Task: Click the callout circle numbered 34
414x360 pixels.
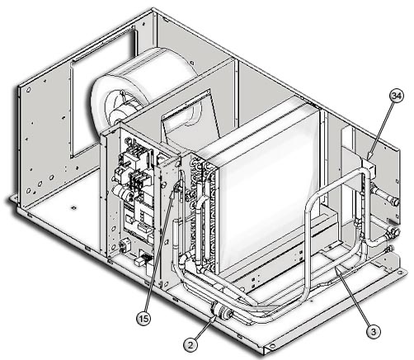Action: pyautogui.click(x=397, y=96)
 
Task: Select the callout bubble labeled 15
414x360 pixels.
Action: pyautogui.click(x=143, y=319)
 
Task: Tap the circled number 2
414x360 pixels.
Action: pyautogui.click(x=191, y=344)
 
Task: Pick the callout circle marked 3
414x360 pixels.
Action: pyautogui.click(x=373, y=331)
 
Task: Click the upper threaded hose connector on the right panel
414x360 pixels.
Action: pyautogui.click(x=386, y=195)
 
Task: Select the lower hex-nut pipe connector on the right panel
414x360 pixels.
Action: pyautogui.click(x=393, y=233)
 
